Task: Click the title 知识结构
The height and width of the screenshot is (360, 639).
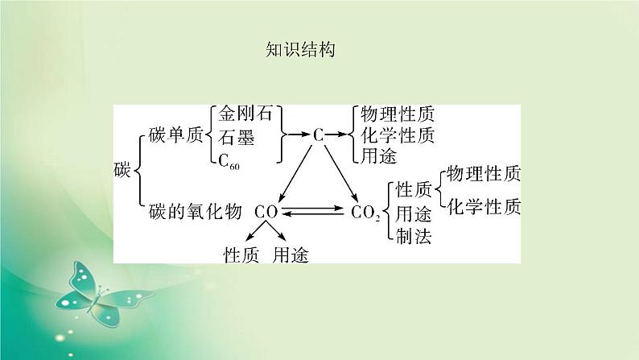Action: point(299,50)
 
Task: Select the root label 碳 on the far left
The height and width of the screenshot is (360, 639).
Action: point(122,171)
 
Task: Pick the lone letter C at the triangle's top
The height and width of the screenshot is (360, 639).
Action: point(318,136)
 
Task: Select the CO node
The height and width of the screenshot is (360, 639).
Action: point(266,212)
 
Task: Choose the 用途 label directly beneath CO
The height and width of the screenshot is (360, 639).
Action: point(291,254)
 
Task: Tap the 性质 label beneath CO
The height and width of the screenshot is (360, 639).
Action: point(241,254)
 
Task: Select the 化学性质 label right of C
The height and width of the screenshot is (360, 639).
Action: point(398,136)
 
